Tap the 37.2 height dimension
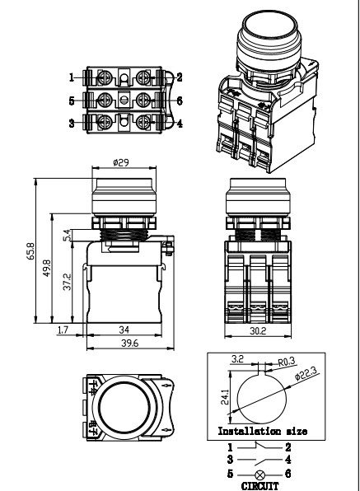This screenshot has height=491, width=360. coord(68,282)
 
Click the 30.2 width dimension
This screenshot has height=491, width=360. coord(258,331)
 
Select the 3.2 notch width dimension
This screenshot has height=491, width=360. coord(236,359)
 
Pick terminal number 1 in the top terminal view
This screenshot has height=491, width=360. coord(72,77)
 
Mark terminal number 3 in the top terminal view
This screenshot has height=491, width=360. coord(72,124)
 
